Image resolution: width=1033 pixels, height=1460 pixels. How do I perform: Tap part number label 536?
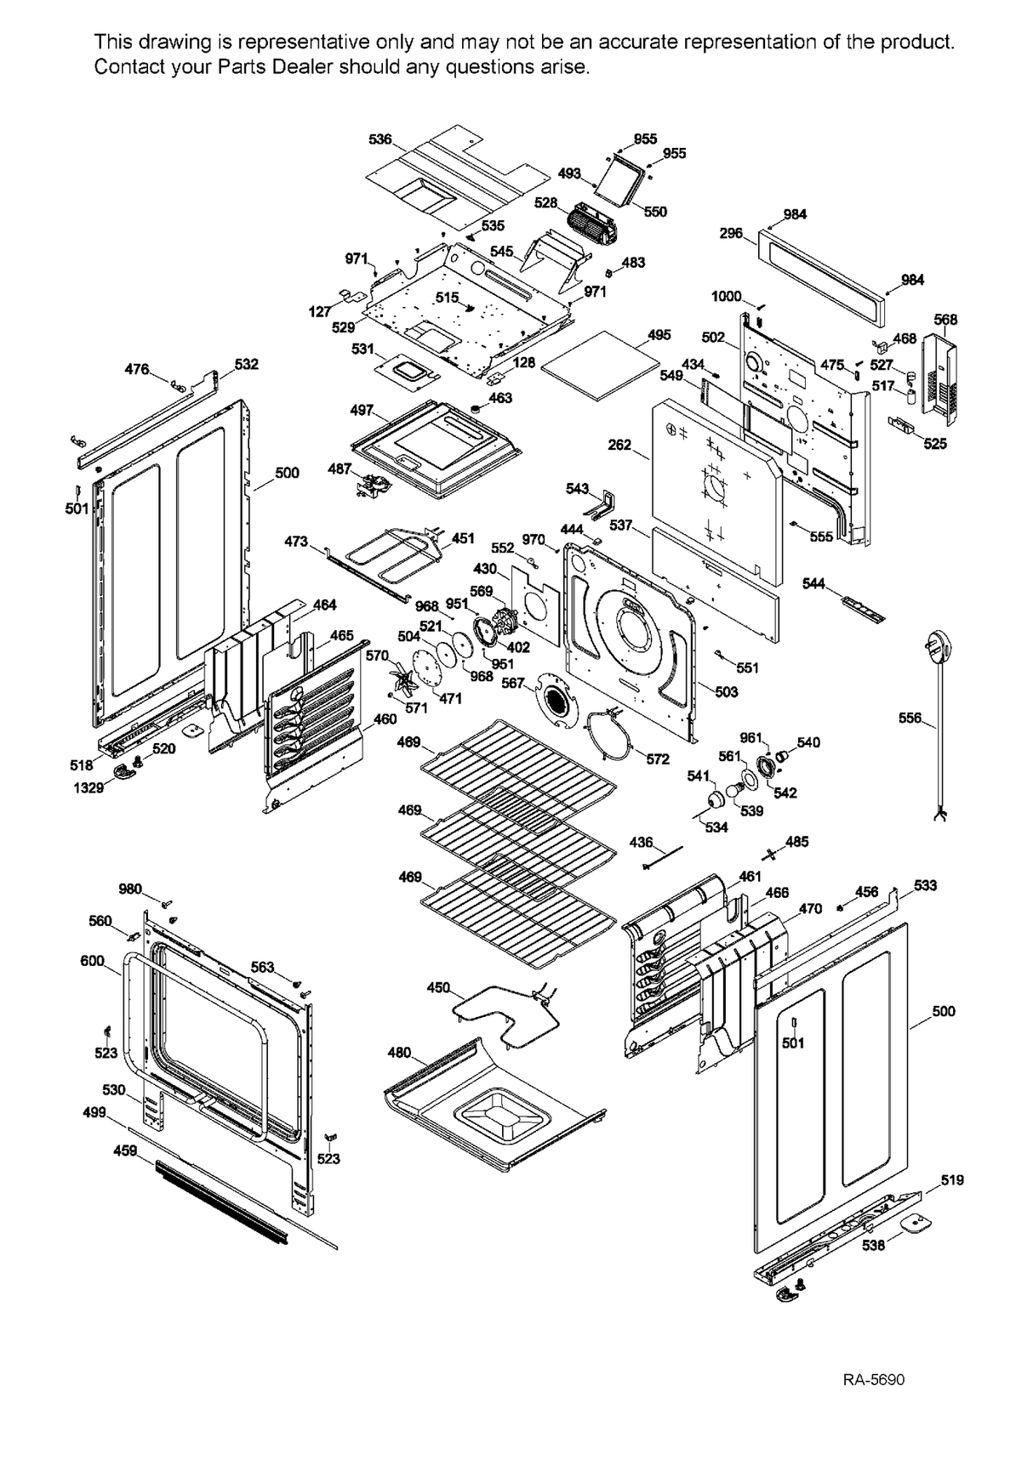coord(380,139)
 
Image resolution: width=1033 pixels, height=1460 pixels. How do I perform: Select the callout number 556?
coord(910,719)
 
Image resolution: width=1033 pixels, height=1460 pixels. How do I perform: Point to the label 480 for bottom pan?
coord(399,1053)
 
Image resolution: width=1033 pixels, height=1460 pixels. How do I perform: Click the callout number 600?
coord(92,961)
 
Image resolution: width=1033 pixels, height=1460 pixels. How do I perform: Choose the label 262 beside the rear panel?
coord(619,445)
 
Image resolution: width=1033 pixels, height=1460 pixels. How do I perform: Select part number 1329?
coord(88,787)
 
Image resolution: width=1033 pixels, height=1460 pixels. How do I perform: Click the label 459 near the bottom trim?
coord(125,1150)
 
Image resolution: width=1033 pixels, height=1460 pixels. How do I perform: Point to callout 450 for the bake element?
coord(438,987)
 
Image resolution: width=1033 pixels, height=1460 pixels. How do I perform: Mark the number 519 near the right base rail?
coord(952,1180)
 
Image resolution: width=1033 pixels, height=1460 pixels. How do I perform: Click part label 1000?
coord(726,296)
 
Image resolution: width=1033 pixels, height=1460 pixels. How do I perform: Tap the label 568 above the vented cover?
coord(945,320)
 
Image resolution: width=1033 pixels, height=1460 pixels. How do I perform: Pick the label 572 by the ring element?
coord(657,759)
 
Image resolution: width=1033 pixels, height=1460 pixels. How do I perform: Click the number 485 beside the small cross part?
coord(796,842)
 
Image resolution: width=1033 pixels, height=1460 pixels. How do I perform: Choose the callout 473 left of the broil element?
coord(295,541)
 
